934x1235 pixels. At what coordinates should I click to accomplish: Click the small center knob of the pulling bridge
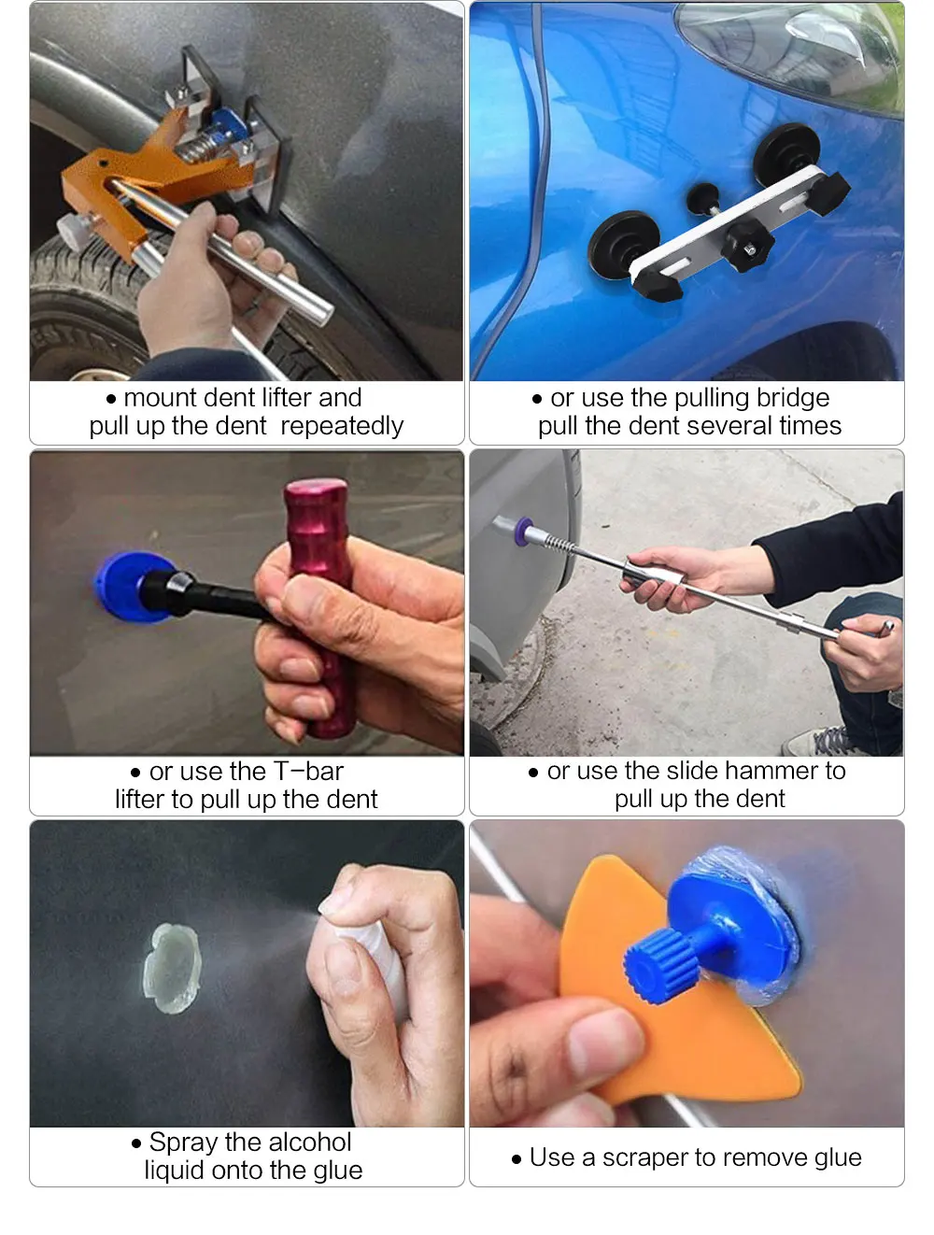coord(701,197)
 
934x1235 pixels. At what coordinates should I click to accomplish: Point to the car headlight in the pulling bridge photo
coord(794,47)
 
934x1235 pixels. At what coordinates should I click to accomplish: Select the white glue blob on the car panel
coord(173,967)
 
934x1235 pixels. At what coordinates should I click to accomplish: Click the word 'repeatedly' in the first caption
coord(342,426)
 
